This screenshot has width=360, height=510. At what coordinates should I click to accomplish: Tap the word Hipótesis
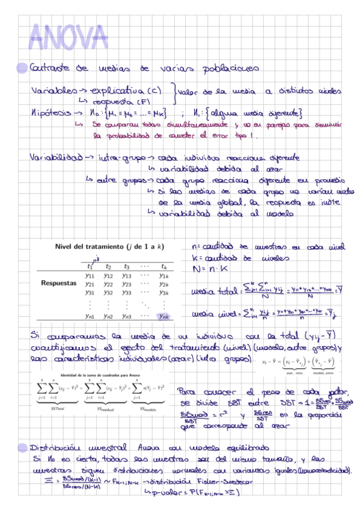tap(48, 112)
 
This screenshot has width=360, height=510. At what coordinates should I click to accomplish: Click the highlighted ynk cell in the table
tap(163, 316)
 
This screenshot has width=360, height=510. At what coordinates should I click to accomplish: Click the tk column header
tap(163, 265)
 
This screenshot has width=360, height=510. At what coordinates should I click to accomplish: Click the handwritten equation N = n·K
tap(207, 269)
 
